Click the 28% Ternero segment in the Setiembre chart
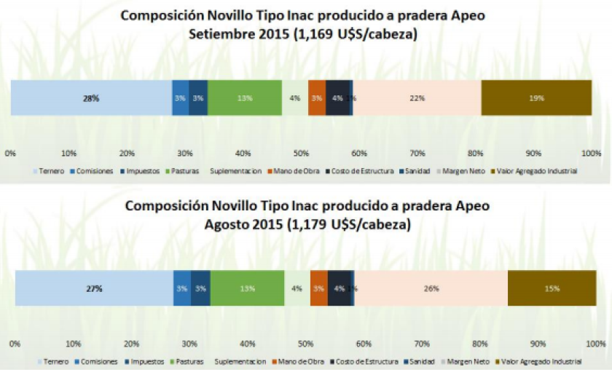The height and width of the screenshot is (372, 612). [91, 98]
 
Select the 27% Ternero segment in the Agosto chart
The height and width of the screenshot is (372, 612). [93, 288]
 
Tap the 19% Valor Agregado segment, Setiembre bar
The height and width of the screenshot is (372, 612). [536, 98]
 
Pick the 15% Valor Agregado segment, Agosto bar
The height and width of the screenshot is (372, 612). [552, 288]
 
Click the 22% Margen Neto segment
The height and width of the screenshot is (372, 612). [417, 98]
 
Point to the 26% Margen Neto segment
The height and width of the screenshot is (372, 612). [431, 288]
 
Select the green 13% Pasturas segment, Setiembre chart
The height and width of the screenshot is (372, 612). [245, 98]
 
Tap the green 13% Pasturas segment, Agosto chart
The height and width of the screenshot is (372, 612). [247, 288]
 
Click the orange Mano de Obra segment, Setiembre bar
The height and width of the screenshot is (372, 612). [317, 98]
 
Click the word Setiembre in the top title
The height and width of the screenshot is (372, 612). [220, 33]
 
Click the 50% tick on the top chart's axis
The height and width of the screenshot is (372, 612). [300, 154]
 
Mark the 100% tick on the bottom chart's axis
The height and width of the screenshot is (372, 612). [595, 343]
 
